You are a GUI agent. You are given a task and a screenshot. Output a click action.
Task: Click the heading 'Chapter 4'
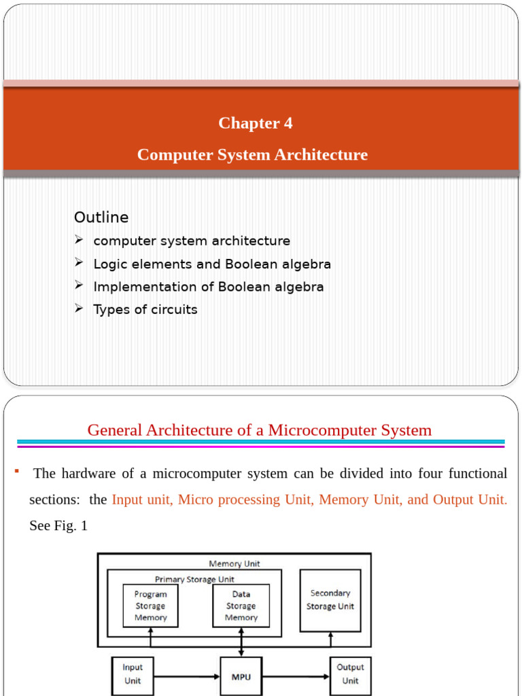coord(256,123)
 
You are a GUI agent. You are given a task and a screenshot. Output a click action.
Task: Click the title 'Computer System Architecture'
coord(252,155)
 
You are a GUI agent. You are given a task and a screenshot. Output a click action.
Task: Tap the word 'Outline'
coord(101,217)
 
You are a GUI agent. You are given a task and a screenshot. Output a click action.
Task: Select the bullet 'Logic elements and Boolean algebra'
coord(212,264)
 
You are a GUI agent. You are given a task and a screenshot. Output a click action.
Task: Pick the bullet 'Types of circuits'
coord(145,310)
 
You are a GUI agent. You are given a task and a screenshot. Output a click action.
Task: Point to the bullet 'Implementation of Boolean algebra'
coord(209,287)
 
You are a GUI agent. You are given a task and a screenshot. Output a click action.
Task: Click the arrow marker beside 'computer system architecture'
coord(79,240)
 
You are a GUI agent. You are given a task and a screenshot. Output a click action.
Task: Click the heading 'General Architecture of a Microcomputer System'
coord(260,430)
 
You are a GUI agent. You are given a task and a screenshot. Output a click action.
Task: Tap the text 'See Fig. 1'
coord(58,526)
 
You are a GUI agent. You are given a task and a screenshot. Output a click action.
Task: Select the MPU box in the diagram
coord(241,677)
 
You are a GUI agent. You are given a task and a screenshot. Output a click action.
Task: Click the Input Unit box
coord(133,674)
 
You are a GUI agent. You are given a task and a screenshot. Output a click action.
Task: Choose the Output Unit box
coord(350,674)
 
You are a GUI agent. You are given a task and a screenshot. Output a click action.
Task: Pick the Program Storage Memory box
coord(150,606)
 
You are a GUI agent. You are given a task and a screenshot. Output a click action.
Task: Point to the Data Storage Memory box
coord(241,606)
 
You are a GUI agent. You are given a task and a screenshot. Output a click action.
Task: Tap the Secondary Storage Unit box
coord(330,599)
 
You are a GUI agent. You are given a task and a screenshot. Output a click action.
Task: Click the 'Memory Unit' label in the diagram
coord(234,563)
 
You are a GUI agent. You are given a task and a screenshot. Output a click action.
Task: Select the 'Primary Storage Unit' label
coord(195,579)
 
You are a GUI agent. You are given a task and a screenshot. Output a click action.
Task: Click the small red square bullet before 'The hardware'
coord(15,470)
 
